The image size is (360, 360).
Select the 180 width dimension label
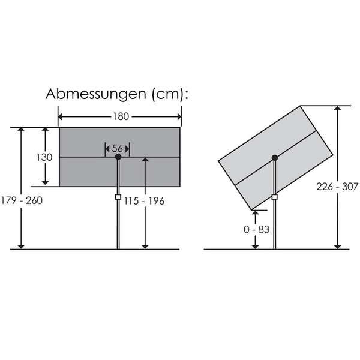121,116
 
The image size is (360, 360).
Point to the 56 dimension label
118,148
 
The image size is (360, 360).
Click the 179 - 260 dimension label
22,200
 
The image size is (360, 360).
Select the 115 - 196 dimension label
144,201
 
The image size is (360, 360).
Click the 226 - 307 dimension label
338,187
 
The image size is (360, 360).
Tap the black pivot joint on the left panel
118,157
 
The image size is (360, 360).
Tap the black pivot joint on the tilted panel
275,158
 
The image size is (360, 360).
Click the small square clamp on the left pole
118,197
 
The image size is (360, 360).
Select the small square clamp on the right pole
275,197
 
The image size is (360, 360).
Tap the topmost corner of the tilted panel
300,106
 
